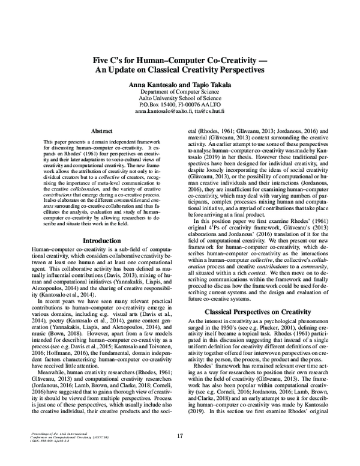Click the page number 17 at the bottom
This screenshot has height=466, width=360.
tap(180, 436)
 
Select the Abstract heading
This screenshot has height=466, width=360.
tap(103, 130)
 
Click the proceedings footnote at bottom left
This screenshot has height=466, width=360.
tap(54, 435)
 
